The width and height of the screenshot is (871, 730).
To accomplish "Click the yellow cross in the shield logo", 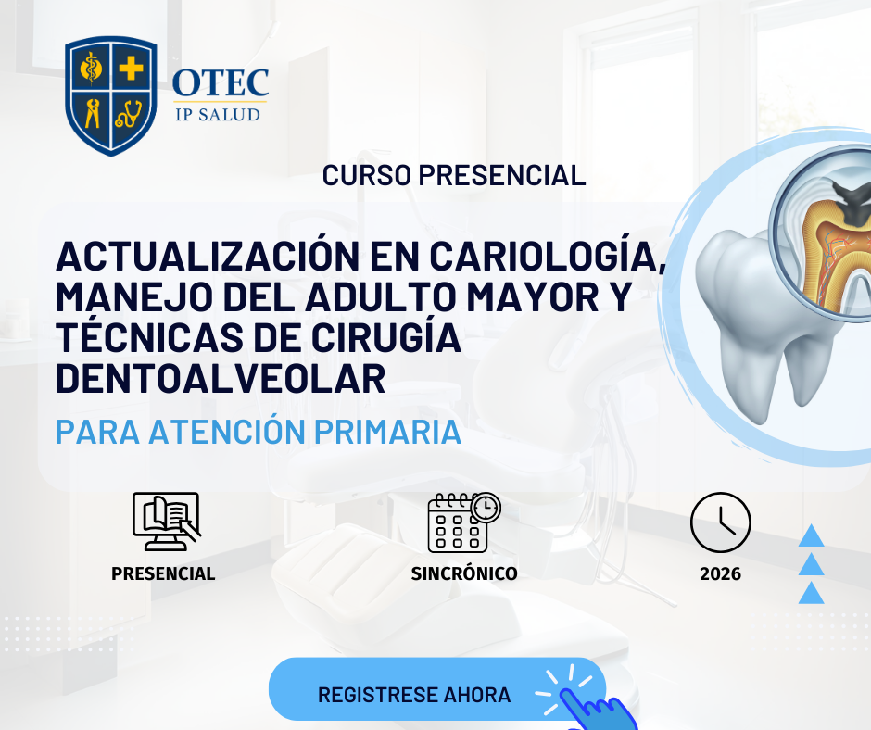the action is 131,68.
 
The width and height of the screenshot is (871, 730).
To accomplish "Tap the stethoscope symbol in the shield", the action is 129,114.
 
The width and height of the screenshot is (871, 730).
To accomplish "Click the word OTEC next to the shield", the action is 221,82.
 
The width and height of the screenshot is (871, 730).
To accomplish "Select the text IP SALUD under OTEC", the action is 218,115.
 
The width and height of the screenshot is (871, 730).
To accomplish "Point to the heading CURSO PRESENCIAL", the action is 454,176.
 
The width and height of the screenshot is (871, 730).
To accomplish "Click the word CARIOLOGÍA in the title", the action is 548,256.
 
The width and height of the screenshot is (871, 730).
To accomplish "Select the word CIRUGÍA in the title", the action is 386,338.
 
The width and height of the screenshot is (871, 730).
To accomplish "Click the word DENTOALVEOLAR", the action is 221,379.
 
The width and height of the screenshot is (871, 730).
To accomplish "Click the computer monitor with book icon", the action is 166,522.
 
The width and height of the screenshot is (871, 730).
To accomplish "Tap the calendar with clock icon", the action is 464,522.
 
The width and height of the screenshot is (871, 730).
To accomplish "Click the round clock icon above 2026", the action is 721,522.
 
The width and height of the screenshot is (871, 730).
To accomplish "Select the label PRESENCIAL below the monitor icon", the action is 163,573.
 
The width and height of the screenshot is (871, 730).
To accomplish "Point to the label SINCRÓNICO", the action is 464,573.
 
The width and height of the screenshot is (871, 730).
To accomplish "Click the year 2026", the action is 720,573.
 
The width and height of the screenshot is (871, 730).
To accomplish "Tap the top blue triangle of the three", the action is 811,536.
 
